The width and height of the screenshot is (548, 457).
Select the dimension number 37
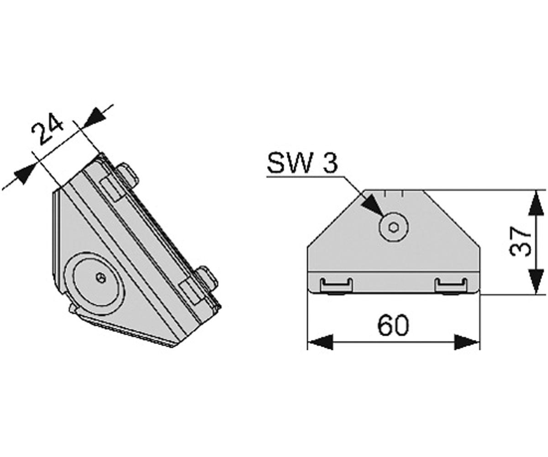521,241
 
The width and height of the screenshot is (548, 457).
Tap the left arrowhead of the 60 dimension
320,342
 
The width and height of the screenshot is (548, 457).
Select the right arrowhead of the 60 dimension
467,342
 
